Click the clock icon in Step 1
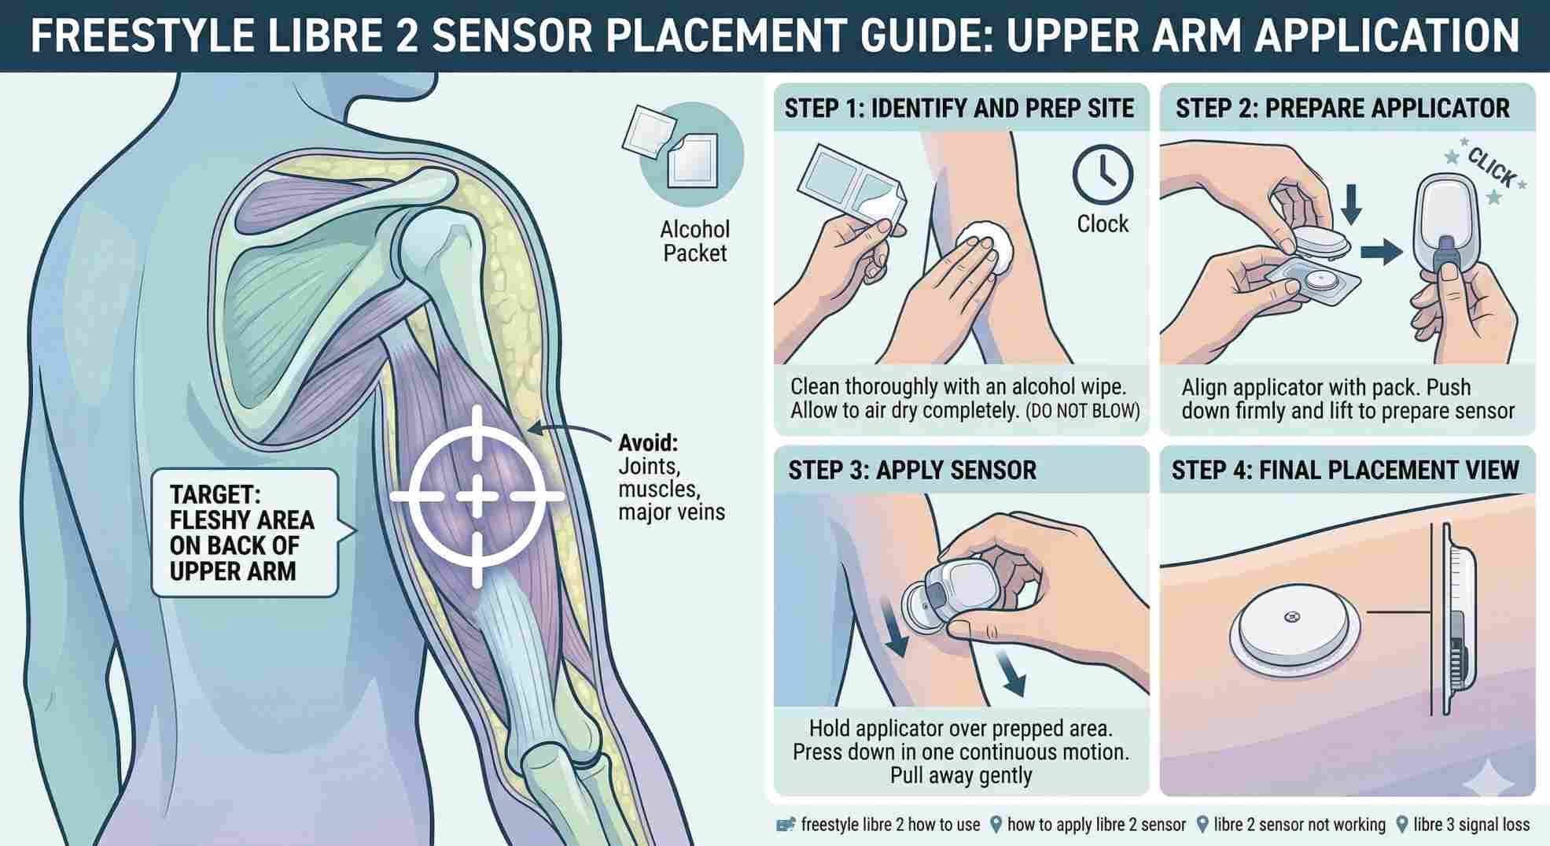tap(1103, 175)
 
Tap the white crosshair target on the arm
tap(477, 497)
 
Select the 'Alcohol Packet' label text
tap(694, 242)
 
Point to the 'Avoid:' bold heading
tap(648, 441)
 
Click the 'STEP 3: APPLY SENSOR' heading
tap(912, 471)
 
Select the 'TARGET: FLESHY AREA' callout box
tap(245, 533)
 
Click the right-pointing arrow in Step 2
tap(1381, 252)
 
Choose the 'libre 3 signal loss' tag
tap(1471, 825)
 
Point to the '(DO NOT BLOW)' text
tap(1083, 411)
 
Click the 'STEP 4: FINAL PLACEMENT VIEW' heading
tap(1345, 471)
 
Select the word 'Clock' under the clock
tap(1103, 224)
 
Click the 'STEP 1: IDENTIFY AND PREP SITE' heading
tap(959, 108)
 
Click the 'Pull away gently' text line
tap(961, 775)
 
